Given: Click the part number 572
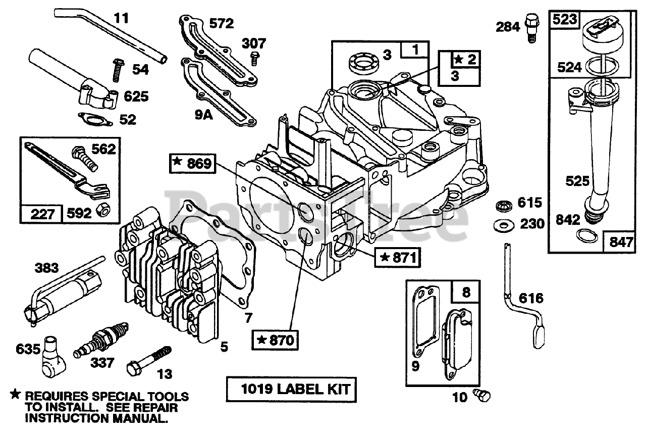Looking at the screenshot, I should [222, 23].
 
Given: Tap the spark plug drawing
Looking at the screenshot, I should [101, 339].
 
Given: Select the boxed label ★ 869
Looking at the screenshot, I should [193, 163].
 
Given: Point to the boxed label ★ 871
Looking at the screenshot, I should [398, 257].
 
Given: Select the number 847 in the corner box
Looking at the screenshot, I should [620, 242].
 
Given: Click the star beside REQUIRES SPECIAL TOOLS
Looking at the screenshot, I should [16, 395].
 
